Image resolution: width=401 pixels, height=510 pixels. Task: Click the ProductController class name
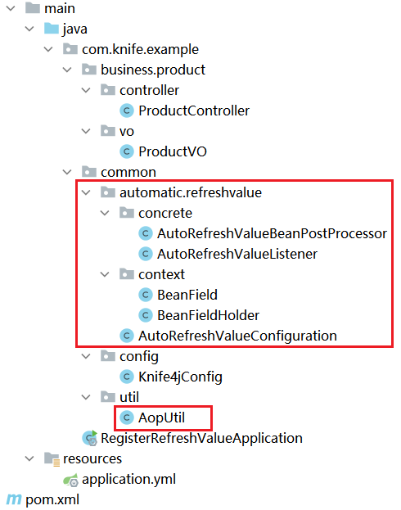coord(194,111)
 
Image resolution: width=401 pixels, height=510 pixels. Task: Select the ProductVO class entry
coord(173,152)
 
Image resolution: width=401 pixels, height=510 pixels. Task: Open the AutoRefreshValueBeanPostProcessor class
coord(272,234)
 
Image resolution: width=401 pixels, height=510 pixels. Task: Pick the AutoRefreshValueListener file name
coord(237,255)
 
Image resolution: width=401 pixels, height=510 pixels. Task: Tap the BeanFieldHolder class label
coord(208,315)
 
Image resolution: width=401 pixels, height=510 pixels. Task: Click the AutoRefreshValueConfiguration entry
coord(237,336)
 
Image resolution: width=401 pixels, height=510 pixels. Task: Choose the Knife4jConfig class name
coord(180,377)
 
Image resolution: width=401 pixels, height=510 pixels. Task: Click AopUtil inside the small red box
coord(161,418)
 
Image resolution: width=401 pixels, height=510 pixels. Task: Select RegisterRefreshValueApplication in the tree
coord(201,439)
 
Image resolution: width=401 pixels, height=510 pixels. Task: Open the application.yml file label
coord(128,480)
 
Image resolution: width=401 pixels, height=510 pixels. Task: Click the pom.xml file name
coord(52,500)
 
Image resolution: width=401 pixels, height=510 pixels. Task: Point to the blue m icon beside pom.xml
coord(14,500)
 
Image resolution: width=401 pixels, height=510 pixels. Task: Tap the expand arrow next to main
coord(11,8)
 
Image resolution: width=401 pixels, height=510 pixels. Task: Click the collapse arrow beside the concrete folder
coord(105,214)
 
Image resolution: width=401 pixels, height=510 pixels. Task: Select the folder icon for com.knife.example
coord(70,49)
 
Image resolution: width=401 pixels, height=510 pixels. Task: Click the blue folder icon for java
coord(52,29)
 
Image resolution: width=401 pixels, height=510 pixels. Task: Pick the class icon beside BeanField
coord(146,295)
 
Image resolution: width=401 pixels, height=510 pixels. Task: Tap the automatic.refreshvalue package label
coord(191,193)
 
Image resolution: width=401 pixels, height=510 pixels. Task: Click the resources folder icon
coord(52,459)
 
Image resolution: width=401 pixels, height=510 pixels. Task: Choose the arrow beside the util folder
coord(86,398)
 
